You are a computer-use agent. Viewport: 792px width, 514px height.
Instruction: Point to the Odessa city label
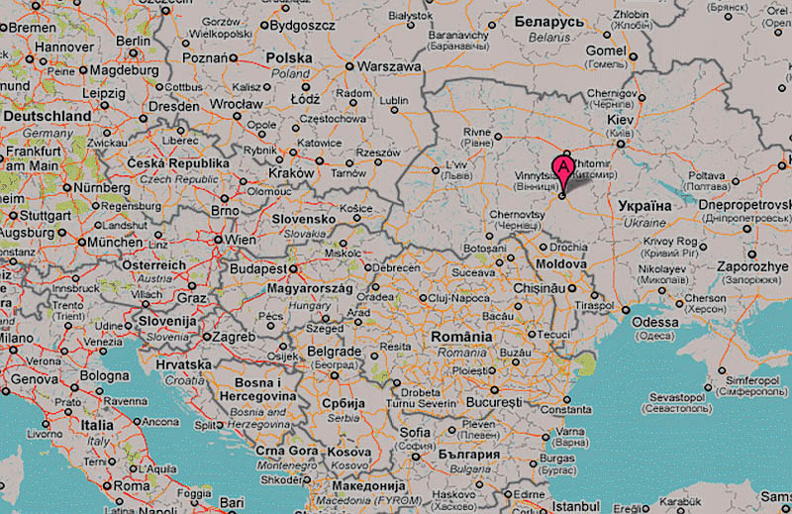656,322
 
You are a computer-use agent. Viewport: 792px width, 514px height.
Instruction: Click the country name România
461,337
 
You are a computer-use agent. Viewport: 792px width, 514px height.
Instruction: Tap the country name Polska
289,58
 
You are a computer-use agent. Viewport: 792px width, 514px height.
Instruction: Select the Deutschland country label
48,116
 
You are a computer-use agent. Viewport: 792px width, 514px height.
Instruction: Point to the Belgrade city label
333,352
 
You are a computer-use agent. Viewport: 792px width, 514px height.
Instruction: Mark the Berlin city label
133,41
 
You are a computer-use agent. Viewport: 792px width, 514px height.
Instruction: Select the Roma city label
131,486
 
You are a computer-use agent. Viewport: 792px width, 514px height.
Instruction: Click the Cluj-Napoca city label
460,297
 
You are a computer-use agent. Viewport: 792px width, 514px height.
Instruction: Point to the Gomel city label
606,50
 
